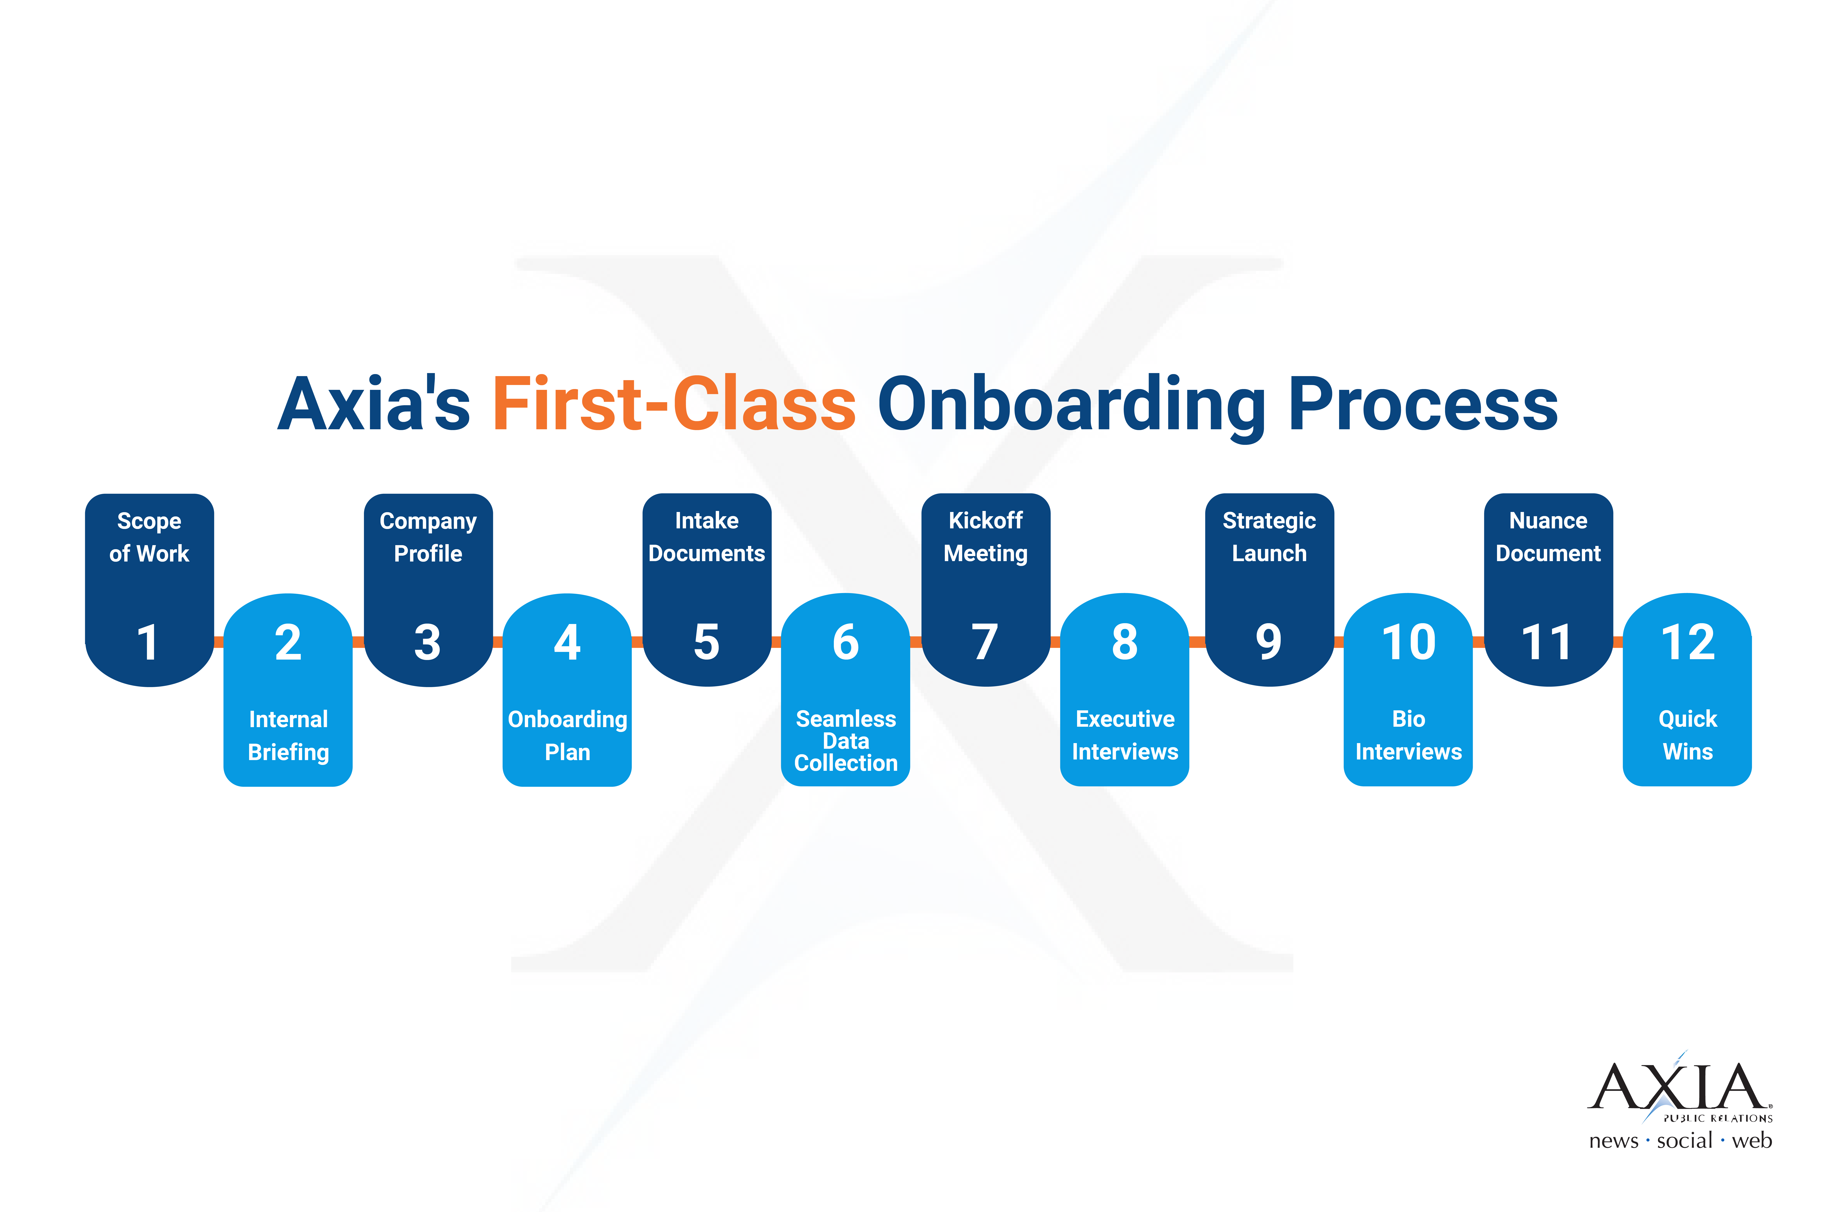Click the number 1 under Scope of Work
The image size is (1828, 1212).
click(x=148, y=642)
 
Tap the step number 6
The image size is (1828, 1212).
click(x=846, y=642)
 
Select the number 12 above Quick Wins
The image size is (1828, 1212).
click(x=1687, y=642)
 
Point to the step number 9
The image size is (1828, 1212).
click(x=1268, y=642)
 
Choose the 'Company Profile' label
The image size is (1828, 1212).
click(x=428, y=537)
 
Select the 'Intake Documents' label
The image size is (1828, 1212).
click(x=706, y=537)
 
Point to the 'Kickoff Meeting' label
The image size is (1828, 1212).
click(x=985, y=537)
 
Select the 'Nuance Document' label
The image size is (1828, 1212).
click(x=1548, y=537)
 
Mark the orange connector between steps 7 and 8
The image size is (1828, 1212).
click(x=1055, y=642)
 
